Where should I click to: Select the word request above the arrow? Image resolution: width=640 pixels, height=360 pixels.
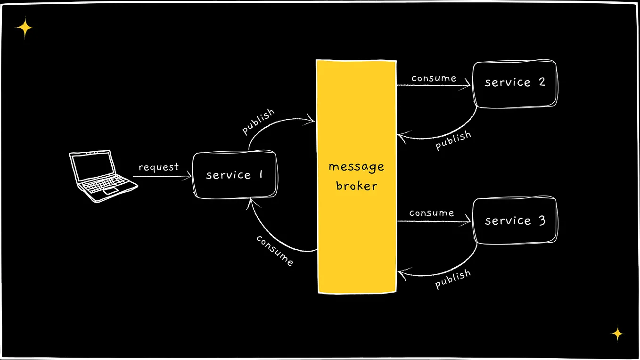[158, 167]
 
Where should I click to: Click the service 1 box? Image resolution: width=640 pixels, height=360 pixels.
[235, 175]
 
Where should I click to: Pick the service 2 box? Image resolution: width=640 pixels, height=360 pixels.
[515, 83]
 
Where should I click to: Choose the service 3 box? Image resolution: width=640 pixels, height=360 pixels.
[515, 221]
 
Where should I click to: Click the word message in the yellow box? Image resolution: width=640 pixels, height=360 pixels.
[356, 167]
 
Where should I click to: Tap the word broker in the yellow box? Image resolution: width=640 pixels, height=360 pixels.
[356, 186]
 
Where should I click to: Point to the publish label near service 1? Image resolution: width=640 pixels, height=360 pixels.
[258, 122]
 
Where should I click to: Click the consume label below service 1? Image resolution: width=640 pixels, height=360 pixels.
[275, 250]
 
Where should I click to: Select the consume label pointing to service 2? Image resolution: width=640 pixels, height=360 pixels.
[434, 78]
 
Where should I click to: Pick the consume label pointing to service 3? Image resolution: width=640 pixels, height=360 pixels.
[431, 213]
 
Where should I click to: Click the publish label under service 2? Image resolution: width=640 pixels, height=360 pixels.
[453, 140]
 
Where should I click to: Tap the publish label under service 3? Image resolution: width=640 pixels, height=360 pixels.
[452, 278]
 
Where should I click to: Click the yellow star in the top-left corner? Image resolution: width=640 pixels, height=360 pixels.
[25, 28]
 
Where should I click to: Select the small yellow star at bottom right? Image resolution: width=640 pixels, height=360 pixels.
[617, 334]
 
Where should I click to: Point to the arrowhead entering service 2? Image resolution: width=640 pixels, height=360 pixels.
[468, 85]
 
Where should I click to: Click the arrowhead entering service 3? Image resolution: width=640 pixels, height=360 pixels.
[468, 221]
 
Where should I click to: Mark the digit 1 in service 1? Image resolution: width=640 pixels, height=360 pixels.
[260, 175]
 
